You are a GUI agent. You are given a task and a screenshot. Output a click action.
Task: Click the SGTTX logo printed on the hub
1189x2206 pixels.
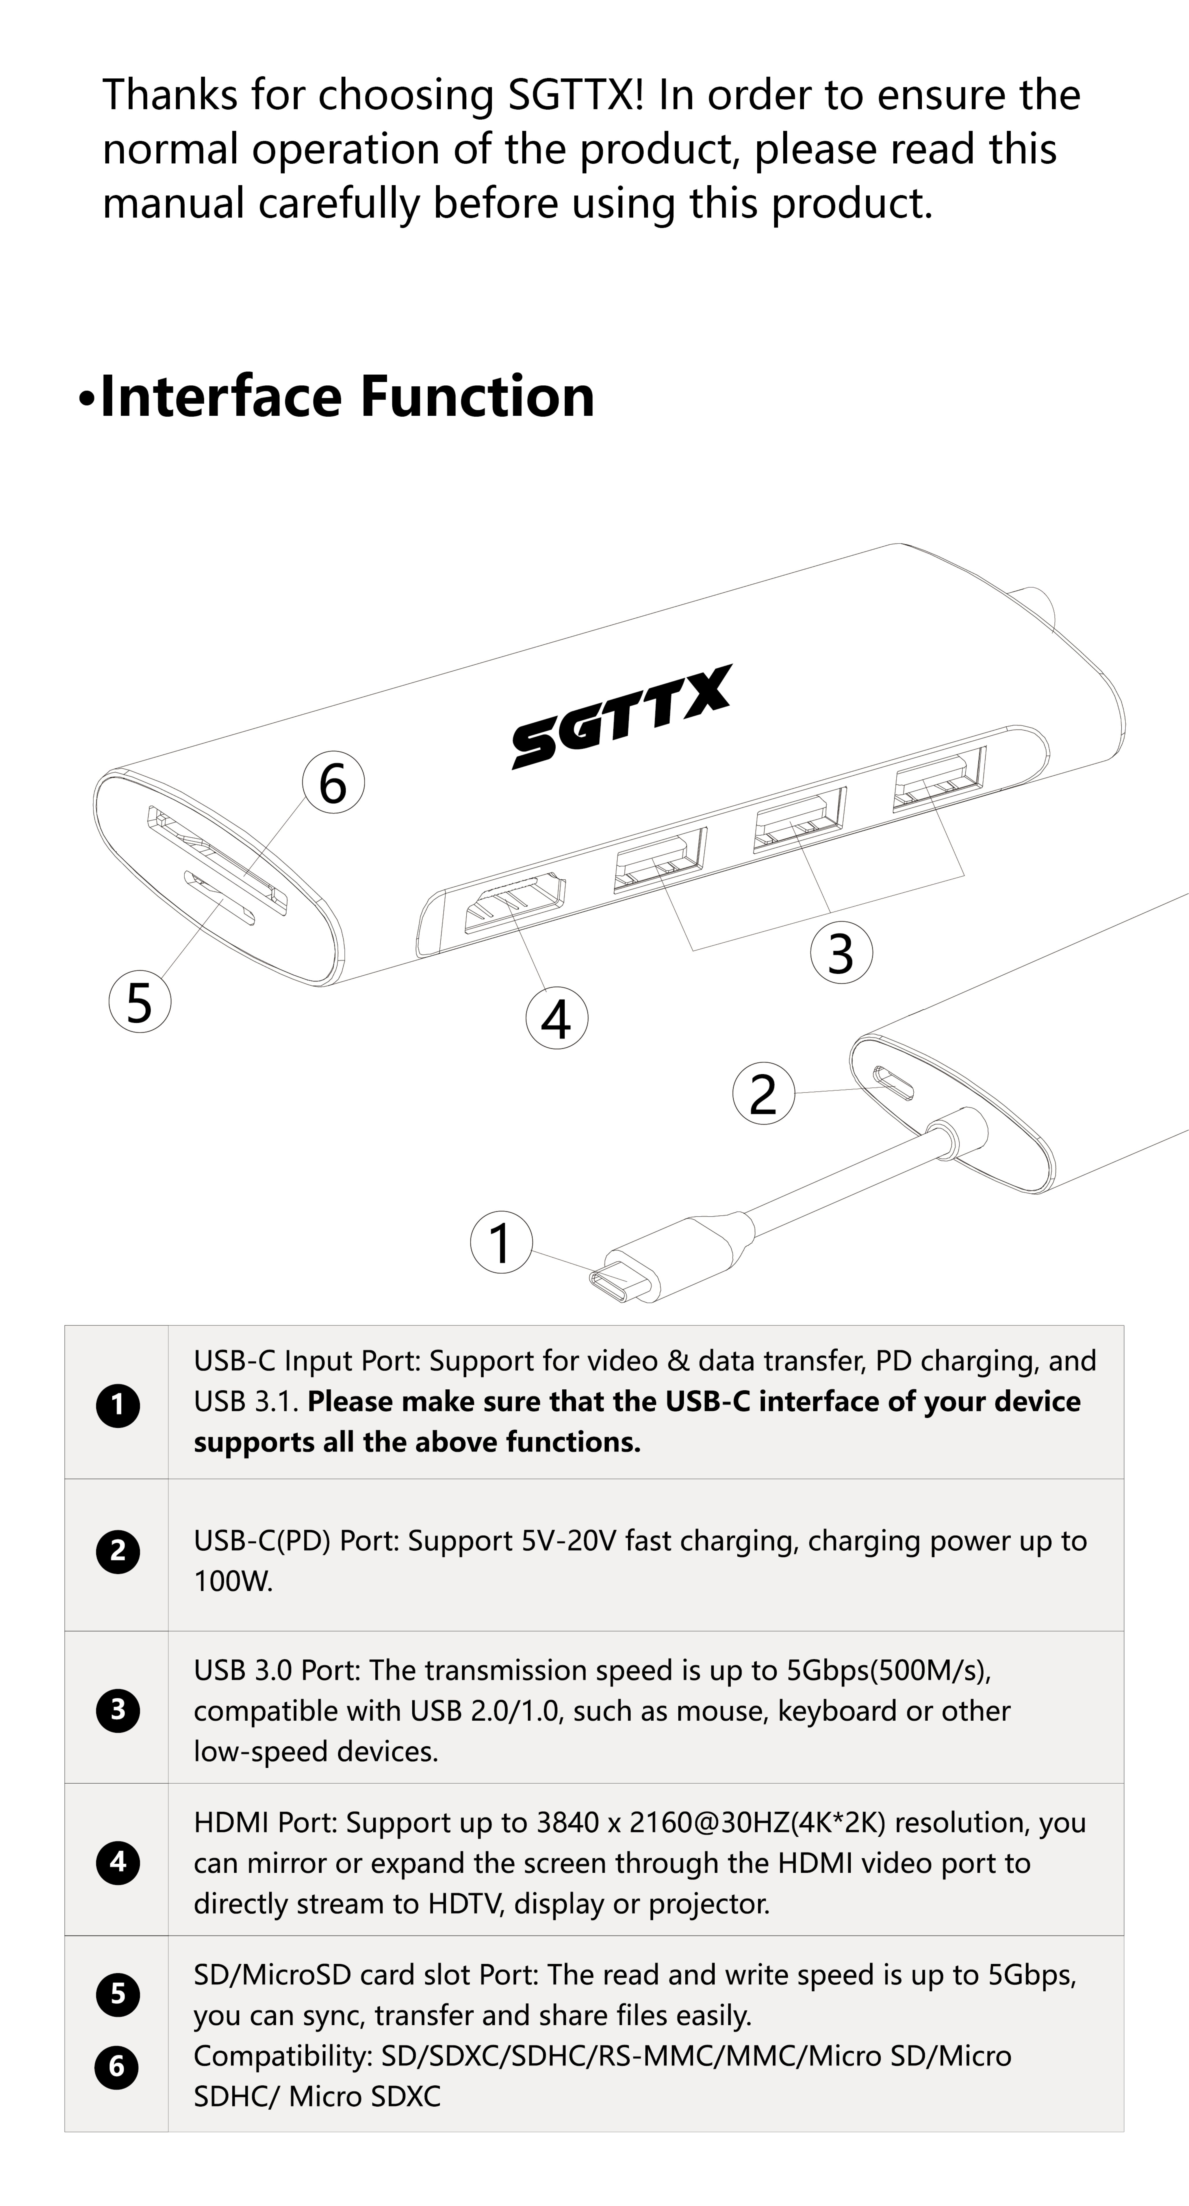coord(622,717)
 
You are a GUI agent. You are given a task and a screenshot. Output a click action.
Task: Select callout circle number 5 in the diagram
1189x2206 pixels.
coord(140,1001)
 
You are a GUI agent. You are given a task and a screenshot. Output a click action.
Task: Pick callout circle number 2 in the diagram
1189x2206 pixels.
coord(764,1093)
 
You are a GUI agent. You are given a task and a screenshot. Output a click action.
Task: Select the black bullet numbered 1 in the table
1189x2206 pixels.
coord(118,1405)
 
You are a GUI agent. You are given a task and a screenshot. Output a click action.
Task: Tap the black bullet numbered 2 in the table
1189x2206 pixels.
coord(118,1551)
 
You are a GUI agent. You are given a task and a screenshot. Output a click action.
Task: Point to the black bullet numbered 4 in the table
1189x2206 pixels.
coord(118,1861)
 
